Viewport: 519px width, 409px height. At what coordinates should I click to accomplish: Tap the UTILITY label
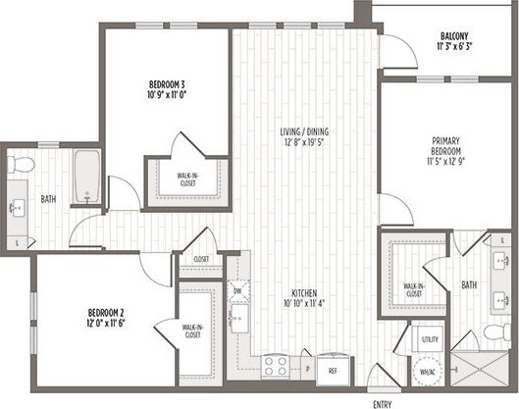430,338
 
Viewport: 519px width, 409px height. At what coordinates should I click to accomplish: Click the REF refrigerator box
333,371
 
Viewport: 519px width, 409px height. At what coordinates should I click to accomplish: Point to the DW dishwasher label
238,291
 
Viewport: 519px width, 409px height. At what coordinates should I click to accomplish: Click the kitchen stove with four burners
274,367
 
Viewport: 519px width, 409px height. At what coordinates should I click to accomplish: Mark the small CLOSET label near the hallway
201,259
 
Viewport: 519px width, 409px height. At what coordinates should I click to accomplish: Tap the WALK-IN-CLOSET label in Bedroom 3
190,179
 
